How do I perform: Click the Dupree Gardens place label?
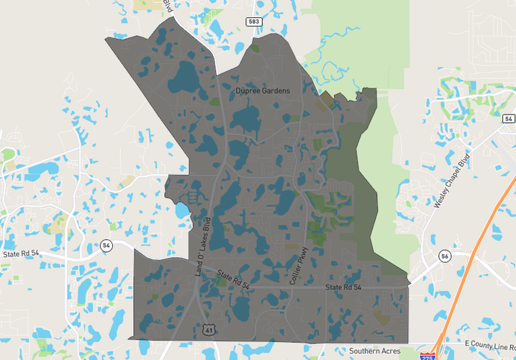[x=263, y=91]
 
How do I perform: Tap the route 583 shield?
[x=253, y=22]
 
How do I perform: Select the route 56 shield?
[x=443, y=256]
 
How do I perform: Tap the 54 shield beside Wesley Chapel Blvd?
[x=509, y=119]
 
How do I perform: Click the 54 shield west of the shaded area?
[x=107, y=246]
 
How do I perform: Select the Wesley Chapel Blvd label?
[x=451, y=181]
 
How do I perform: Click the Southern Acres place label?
[x=374, y=351]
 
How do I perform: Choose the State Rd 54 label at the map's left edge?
[x=19, y=254]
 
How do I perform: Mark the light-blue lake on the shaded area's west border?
[x=181, y=211]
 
